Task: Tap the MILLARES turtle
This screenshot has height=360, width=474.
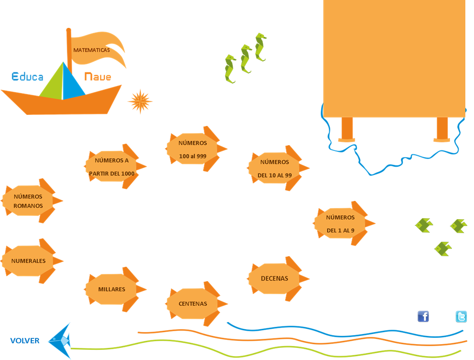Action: point(112,289)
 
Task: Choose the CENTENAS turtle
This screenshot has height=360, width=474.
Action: point(193,304)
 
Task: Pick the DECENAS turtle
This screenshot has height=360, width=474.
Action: point(275,278)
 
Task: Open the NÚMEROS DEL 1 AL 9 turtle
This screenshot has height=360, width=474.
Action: point(341,223)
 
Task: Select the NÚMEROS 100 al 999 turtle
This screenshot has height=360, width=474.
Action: point(193,149)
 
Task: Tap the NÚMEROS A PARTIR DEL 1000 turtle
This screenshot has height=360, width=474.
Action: point(112,166)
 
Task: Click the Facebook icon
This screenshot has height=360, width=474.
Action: point(423,316)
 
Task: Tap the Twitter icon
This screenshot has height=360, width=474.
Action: point(461,317)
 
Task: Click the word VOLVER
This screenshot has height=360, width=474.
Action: point(25,341)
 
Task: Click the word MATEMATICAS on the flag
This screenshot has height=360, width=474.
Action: point(91,50)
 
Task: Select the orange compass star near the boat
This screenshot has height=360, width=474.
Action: point(140,101)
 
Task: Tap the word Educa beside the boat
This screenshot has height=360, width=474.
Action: point(27,76)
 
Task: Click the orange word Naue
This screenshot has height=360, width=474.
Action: point(98,76)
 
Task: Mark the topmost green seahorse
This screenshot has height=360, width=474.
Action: point(260,47)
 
